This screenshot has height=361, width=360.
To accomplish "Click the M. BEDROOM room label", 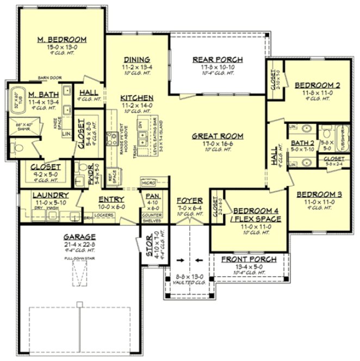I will point(62,40).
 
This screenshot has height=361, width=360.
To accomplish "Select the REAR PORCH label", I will point(218,60).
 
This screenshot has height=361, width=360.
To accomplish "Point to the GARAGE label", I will point(79,237).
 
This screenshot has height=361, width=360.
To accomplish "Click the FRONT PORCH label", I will point(249,259).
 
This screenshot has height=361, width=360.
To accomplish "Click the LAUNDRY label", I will point(50,195).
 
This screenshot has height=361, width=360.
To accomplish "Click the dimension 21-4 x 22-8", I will point(79,244).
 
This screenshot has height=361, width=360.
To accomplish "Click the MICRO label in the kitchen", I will point(148,183).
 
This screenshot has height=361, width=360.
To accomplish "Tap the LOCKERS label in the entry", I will point(103,215).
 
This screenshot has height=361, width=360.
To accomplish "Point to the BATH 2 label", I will point(300,143).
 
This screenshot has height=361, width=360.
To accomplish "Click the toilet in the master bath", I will point(16,147).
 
